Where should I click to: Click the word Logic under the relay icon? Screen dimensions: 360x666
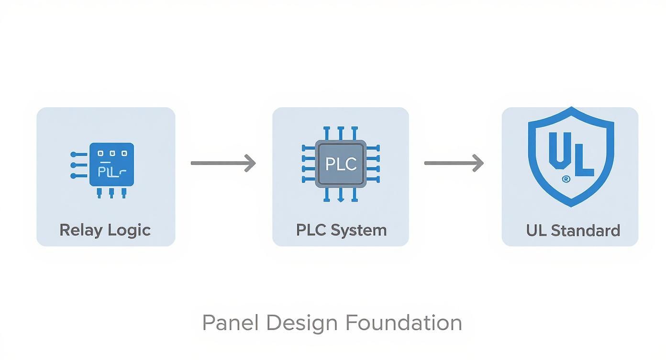(x=129, y=230)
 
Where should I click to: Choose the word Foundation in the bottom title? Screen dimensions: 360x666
(x=403, y=323)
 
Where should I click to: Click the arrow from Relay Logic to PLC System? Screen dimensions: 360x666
(x=223, y=163)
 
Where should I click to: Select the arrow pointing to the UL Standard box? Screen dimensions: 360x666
(x=454, y=163)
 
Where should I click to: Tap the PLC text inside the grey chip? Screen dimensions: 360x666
(x=341, y=164)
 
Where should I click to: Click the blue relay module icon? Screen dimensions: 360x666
(x=111, y=165)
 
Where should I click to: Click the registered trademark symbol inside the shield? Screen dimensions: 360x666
(x=566, y=179)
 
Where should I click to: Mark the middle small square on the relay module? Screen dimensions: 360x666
(x=111, y=154)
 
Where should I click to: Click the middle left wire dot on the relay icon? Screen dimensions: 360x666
(x=73, y=165)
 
